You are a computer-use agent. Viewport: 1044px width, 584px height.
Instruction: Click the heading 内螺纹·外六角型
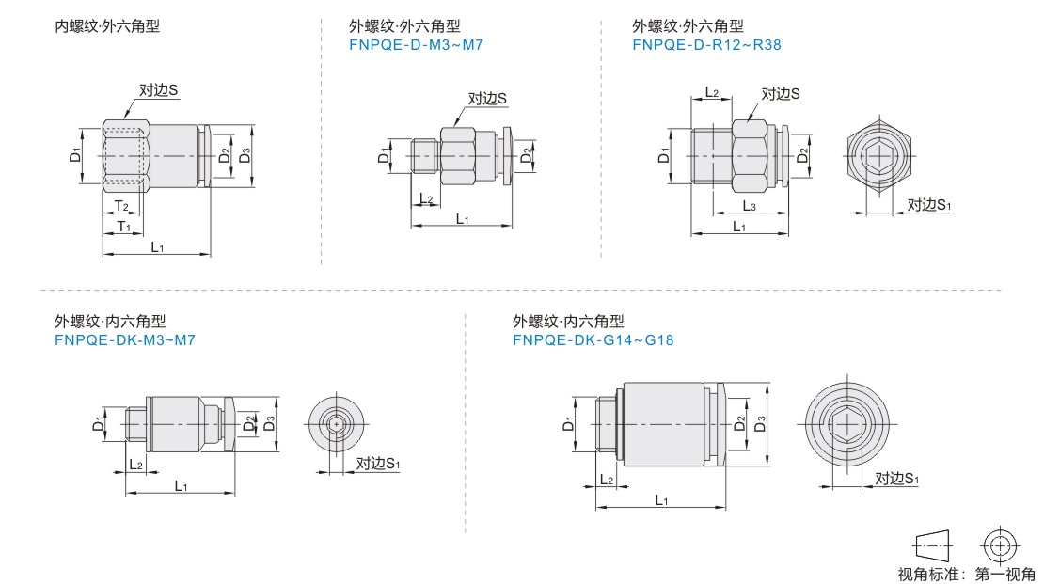(107, 26)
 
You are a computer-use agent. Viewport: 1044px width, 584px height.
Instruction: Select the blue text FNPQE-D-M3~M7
(416, 44)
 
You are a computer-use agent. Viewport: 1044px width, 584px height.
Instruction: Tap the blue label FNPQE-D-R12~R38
(706, 44)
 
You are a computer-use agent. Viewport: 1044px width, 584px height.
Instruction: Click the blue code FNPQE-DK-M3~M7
(124, 339)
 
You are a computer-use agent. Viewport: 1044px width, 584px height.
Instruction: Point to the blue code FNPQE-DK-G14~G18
(593, 339)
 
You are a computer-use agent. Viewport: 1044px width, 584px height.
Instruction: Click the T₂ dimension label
(121, 206)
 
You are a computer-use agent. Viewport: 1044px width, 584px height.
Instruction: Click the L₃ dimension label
(750, 206)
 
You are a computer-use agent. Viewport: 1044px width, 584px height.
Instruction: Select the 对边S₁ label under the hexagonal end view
(929, 205)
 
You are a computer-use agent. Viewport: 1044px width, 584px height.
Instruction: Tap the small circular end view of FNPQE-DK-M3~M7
(337, 426)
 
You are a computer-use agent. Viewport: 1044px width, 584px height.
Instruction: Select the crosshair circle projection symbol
(999, 545)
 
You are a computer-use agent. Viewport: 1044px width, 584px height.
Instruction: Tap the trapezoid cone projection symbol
(932, 545)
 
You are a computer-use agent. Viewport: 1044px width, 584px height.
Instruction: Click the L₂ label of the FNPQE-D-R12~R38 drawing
(712, 93)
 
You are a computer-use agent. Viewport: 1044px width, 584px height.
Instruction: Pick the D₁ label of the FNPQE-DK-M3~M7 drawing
(100, 424)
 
